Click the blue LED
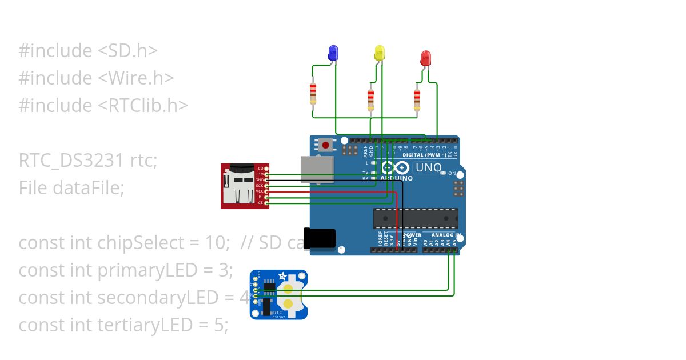[x=333, y=53]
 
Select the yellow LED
[x=379, y=53]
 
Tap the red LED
[x=425, y=57]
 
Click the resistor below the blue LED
[x=313, y=94]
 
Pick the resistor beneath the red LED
[x=417, y=98]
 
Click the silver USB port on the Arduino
[x=317, y=170]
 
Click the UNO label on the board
[x=428, y=168]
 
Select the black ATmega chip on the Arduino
[x=416, y=218]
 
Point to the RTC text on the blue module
[x=278, y=313]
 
